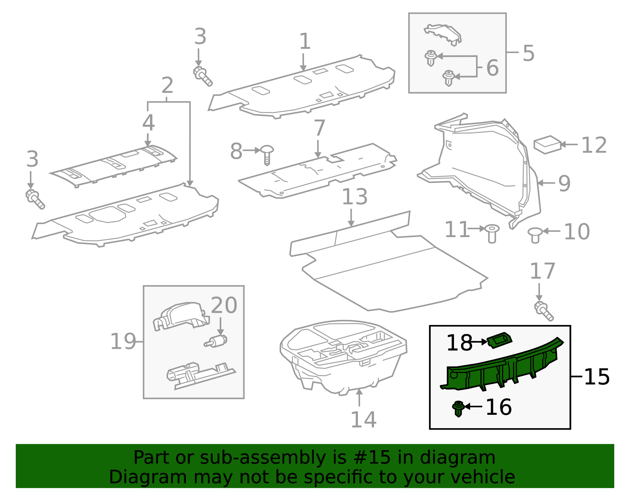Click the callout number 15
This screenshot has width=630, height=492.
pyautogui.click(x=597, y=377)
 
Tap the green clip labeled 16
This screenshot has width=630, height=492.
pyautogui.click(x=458, y=408)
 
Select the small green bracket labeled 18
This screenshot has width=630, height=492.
pyautogui.click(x=499, y=340)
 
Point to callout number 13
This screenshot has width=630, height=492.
pyautogui.click(x=354, y=197)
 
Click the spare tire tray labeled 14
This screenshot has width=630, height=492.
pyautogui.click(x=343, y=356)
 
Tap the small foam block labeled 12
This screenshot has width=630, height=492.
pyautogui.click(x=547, y=145)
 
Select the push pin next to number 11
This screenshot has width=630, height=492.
pyautogui.click(x=492, y=234)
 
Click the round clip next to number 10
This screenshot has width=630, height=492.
pyautogui.click(x=535, y=235)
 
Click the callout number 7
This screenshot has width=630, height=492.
pyautogui.click(x=319, y=128)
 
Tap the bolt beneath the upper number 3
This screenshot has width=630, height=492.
pyautogui.click(x=203, y=76)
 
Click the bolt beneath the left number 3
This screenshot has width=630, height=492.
pyautogui.click(x=35, y=199)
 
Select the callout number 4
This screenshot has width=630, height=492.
pyautogui.click(x=148, y=123)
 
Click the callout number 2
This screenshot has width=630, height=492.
pyautogui.click(x=167, y=85)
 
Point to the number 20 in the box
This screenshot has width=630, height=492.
pyautogui.click(x=224, y=305)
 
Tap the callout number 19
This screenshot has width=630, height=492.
pyautogui.click(x=123, y=342)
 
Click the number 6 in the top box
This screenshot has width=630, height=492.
pyautogui.click(x=492, y=68)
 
